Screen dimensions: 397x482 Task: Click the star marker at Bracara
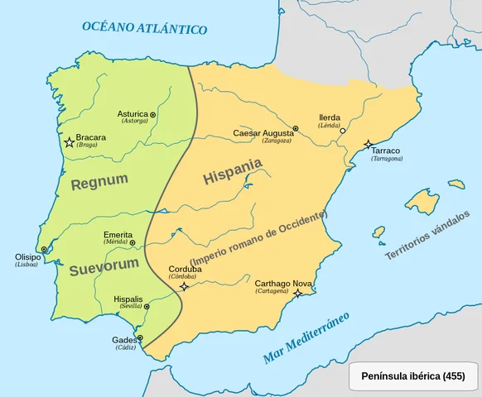point(70,143)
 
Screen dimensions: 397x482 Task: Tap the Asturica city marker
point(153,114)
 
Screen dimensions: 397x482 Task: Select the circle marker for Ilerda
point(343,131)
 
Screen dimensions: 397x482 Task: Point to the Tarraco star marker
point(368,145)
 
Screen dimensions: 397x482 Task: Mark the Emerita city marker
point(133,242)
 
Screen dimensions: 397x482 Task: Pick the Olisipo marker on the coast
point(44,249)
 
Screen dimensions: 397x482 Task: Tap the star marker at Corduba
point(184,286)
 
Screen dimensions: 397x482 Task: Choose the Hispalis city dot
point(147,306)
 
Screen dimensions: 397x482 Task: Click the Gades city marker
point(140,337)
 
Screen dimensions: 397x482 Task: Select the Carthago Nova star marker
point(297,293)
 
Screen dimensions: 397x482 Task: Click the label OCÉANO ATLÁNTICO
point(144,27)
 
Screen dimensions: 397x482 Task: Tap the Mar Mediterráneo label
point(306,338)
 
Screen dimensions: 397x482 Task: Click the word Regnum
point(99,182)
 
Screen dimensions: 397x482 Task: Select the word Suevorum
point(104,269)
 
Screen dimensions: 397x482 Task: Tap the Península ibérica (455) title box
point(412,376)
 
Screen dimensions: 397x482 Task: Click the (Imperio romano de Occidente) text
point(258,238)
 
